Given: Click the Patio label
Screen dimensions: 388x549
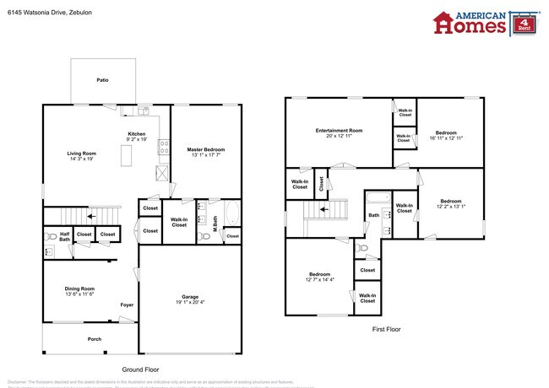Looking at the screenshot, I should pyautogui.click(x=102, y=80).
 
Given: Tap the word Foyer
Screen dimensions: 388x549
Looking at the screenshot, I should pyautogui.click(x=127, y=305).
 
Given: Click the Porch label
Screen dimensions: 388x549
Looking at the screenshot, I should pyautogui.click(x=95, y=340).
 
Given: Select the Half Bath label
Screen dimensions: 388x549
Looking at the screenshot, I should pyautogui.click(x=64, y=236).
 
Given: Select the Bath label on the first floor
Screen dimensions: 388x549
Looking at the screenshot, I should pyautogui.click(x=373, y=215).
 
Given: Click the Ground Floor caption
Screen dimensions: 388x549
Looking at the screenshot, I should pyautogui.click(x=141, y=369).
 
